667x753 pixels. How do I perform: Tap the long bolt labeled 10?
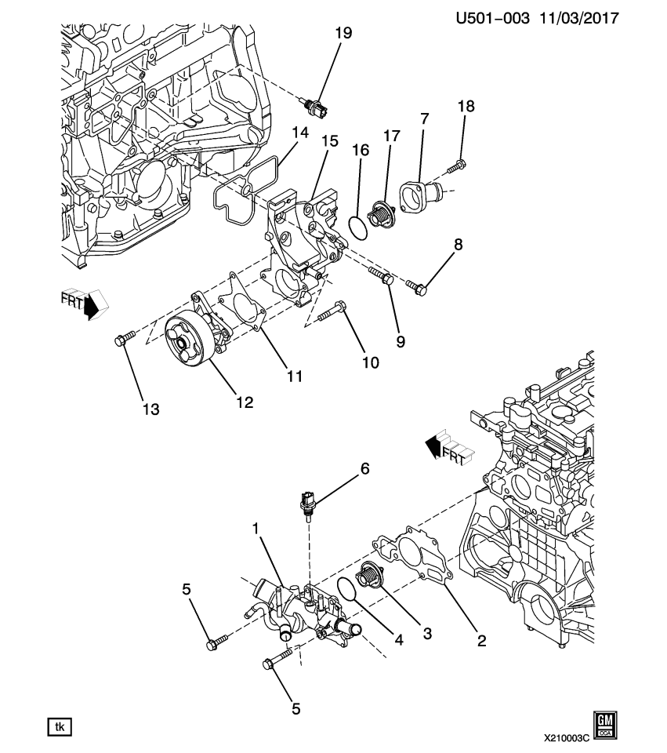(x=331, y=311)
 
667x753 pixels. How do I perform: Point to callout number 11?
(x=294, y=377)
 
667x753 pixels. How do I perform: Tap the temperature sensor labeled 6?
(x=306, y=503)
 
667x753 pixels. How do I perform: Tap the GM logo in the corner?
(x=604, y=725)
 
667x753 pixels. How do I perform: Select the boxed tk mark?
(x=59, y=727)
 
